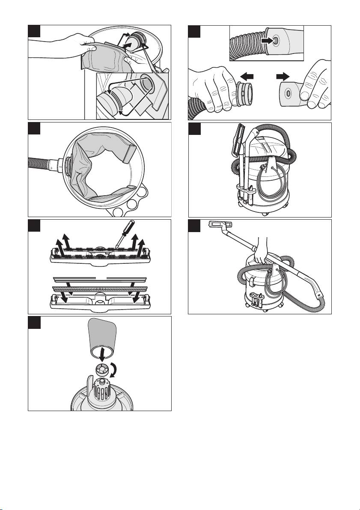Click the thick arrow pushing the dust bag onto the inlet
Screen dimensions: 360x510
[x=127, y=44]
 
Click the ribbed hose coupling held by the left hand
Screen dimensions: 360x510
[x=243, y=96]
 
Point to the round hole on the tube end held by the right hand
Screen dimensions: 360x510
[x=288, y=93]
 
